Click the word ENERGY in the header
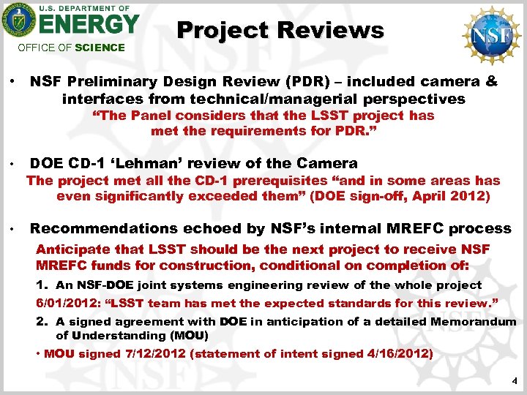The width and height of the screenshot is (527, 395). coord(88,25)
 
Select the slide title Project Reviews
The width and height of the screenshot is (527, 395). coord(280,30)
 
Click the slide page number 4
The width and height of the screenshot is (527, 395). coord(515,381)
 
